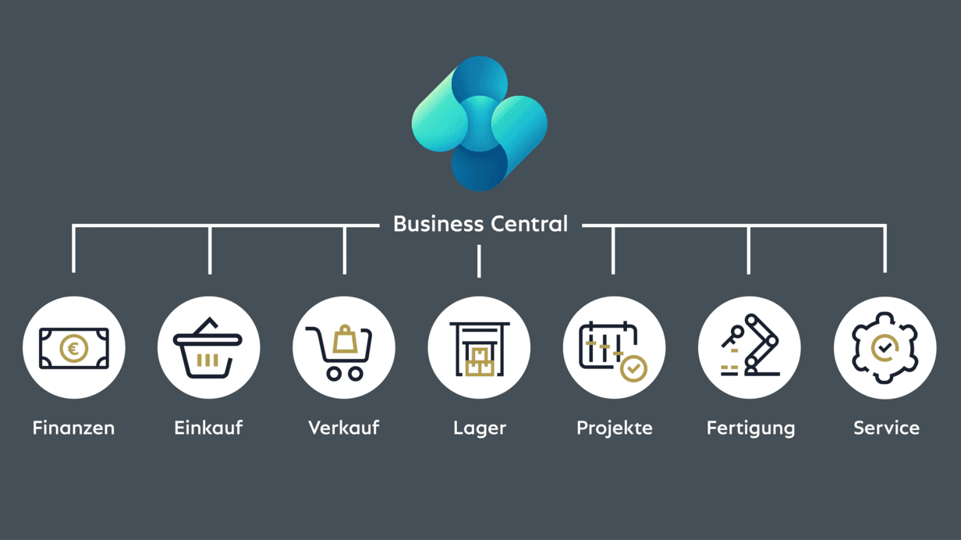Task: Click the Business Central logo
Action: click(x=479, y=123)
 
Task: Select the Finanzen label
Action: click(x=73, y=428)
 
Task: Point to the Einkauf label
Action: click(x=208, y=428)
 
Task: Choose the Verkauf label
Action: click(x=343, y=428)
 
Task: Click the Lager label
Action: click(x=479, y=428)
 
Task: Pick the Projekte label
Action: click(x=614, y=428)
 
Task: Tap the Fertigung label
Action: click(x=750, y=428)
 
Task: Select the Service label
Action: click(x=886, y=428)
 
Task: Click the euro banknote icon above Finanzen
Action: click(x=73, y=348)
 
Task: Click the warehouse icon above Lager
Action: click(x=479, y=348)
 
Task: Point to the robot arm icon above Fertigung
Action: click(x=750, y=346)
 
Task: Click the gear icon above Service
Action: click(x=885, y=348)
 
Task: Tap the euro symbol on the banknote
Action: click(x=74, y=348)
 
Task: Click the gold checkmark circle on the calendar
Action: click(x=634, y=368)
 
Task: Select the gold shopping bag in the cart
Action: click(x=345, y=340)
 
